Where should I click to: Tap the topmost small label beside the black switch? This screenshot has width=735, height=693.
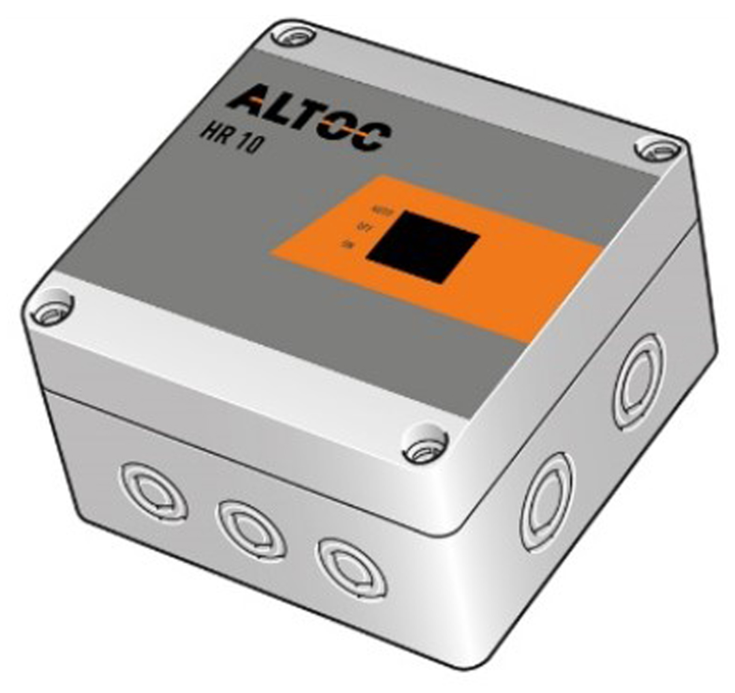click(x=379, y=212)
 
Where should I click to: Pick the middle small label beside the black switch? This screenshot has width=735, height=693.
click(x=363, y=228)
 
